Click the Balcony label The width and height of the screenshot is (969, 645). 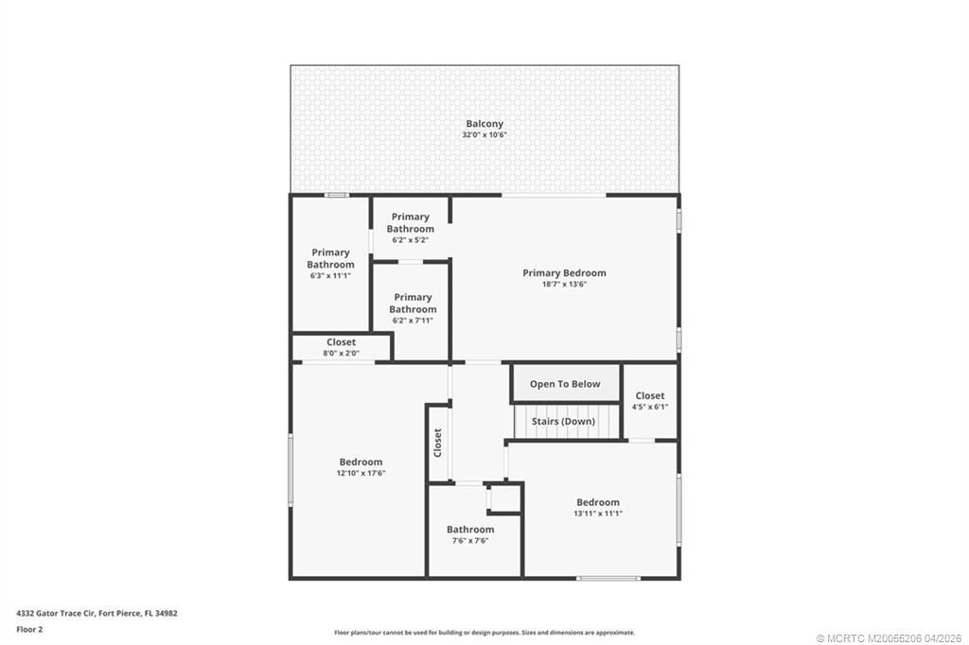[484, 124]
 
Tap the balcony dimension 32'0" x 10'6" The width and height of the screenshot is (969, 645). [484, 136]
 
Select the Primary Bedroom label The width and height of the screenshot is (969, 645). [564, 273]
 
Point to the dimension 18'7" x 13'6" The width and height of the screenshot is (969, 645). [564, 285]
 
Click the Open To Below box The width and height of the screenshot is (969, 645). [565, 384]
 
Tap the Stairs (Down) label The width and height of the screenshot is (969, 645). [563, 422]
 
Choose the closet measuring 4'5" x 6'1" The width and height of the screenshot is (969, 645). [649, 401]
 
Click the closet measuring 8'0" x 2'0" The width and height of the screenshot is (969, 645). [341, 347]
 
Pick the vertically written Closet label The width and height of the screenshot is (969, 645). [437, 443]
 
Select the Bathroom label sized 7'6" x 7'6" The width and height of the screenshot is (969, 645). [470, 530]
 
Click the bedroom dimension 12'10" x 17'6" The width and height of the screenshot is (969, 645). [361, 474]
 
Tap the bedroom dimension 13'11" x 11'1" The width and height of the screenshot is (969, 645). [598, 514]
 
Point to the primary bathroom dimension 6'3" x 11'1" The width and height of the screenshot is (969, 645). [330, 276]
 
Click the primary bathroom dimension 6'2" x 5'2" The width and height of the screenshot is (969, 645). [411, 240]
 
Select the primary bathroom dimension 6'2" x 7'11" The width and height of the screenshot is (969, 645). [413, 321]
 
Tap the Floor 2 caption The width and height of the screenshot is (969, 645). [29, 629]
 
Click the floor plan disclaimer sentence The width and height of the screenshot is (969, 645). [484, 633]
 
